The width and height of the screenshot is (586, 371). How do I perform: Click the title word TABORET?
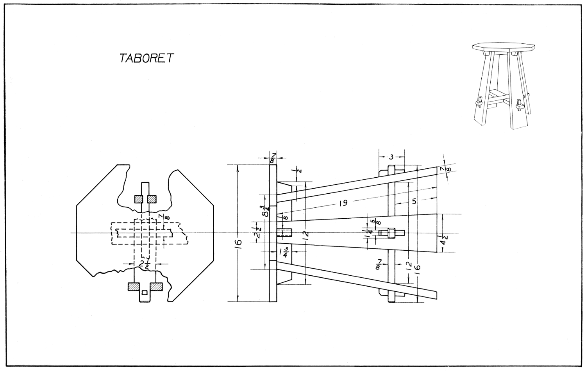pyautogui.click(x=146, y=58)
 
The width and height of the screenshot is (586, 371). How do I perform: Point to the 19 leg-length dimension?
pyautogui.click(x=344, y=203)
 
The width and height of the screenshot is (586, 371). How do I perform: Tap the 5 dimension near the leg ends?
pyautogui.click(x=414, y=201)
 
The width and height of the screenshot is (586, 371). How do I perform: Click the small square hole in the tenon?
pyautogui.click(x=145, y=292)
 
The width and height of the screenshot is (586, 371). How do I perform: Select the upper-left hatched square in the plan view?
pyautogui.click(x=139, y=199)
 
